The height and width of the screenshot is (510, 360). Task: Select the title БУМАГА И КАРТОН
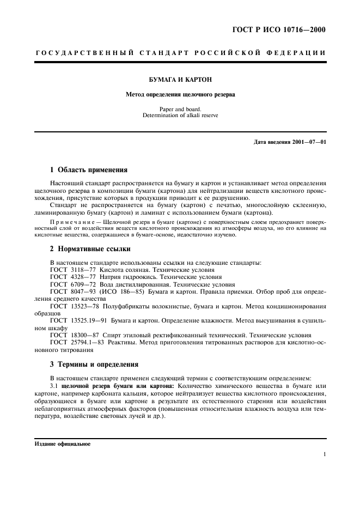point(180,79)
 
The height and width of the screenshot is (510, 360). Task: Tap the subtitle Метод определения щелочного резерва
point(180,94)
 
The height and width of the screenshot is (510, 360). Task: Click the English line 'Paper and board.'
point(180,109)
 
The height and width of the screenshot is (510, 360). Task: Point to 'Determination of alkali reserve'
point(180,116)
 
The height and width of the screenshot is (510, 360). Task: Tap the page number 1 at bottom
point(324,454)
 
